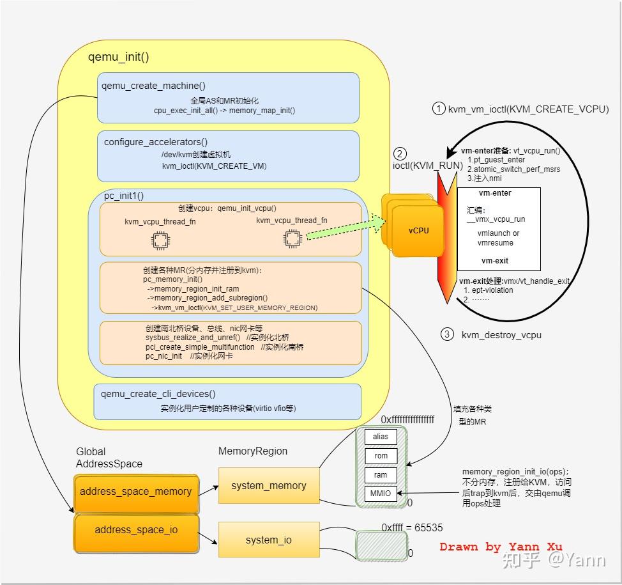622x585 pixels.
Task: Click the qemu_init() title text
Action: pos(118,57)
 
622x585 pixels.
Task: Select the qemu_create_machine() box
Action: pos(228,97)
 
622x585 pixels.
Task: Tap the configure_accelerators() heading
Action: pos(156,142)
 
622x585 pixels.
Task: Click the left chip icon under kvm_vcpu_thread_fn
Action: pos(160,240)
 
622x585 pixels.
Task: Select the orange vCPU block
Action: pos(418,231)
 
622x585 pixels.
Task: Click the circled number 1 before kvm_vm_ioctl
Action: pos(438,109)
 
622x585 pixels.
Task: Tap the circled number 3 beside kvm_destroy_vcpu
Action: pos(447,334)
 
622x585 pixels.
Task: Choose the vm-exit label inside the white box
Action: pos(496,261)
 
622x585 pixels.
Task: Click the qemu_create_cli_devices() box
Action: pos(228,402)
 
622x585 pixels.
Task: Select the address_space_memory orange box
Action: pos(135,492)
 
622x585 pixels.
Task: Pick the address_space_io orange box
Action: pos(135,530)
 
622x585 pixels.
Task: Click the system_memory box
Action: pos(268,485)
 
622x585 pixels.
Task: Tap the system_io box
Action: pos(268,540)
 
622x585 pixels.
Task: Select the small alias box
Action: pos(381,437)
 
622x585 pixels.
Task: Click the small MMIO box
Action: pos(381,494)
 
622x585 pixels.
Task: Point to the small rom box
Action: pos(381,456)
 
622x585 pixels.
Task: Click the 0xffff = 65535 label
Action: pos(412,528)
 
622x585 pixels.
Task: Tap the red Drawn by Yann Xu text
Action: pos(501,547)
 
